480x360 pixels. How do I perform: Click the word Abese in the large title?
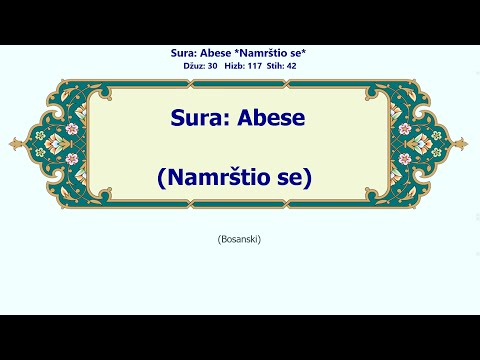click(269, 118)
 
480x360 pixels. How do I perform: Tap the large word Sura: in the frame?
click(202, 118)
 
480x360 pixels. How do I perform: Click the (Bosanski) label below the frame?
click(239, 239)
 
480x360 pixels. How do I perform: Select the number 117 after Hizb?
click(254, 65)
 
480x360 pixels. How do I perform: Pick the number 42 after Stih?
click(291, 65)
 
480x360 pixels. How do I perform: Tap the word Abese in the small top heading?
click(227, 52)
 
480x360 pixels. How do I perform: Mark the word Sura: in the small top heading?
click(191, 52)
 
